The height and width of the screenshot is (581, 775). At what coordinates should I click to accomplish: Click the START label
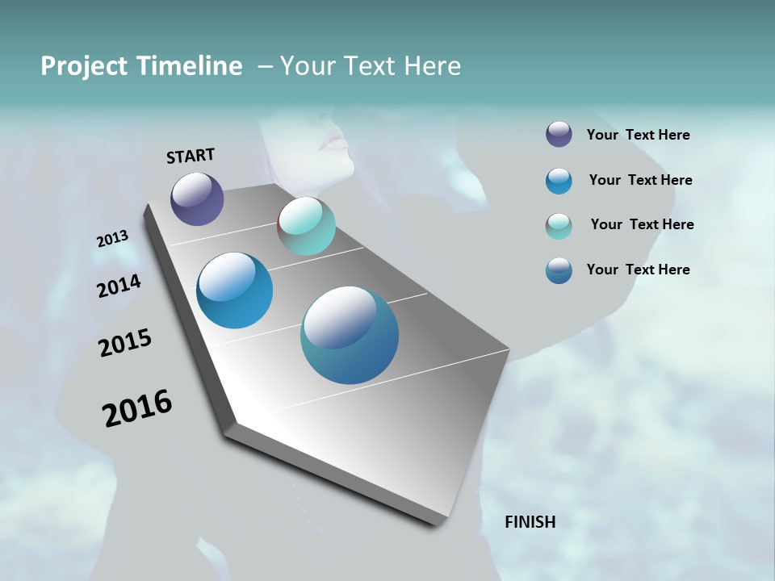click(191, 156)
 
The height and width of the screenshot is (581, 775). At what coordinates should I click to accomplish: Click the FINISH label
click(530, 522)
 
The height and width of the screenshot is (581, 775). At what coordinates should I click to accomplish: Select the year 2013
click(112, 239)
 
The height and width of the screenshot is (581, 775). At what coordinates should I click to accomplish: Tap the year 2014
click(119, 286)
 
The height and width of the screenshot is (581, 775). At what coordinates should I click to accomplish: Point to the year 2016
click(137, 408)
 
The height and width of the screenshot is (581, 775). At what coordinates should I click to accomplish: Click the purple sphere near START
click(197, 199)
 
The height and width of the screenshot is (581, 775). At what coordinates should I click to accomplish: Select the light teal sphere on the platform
click(307, 226)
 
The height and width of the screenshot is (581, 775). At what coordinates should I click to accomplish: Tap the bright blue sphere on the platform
click(234, 290)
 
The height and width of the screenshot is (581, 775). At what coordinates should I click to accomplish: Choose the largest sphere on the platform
click(350, 335)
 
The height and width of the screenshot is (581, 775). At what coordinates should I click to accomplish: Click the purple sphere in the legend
click(559, 135)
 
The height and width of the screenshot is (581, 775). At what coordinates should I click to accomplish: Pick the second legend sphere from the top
click(559, 181)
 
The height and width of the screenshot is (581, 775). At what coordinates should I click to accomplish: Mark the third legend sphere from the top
click(559, 225)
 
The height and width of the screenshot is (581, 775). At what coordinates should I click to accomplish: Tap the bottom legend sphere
click(559, 270)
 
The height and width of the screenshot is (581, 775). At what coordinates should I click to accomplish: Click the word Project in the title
click(84, 66)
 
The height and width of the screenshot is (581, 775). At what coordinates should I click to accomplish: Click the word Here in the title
click(432, 66)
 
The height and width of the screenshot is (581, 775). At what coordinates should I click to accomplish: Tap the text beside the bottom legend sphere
click(638, 270)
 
